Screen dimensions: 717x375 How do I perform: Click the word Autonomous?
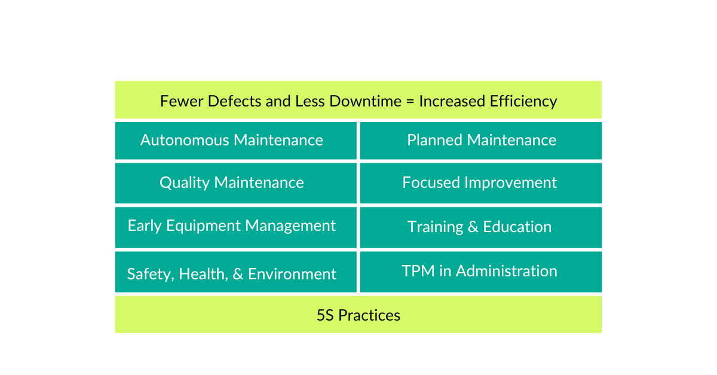(185, 140)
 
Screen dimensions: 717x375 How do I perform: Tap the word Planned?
(435, 140)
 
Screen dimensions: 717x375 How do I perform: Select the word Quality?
(185, 183)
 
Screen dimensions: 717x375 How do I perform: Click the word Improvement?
(510, 183)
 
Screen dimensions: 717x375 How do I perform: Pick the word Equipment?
(203, 226)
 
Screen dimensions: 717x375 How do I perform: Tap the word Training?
(436, 227)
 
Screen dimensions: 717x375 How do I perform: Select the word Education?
(517, 227)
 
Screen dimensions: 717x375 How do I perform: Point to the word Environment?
(292, 274)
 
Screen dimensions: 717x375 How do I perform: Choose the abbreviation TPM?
(418, 271)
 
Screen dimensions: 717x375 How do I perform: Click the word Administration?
(507, 271)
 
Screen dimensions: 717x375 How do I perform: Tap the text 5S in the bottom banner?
(325, 315)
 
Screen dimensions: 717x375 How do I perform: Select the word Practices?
(369, 315)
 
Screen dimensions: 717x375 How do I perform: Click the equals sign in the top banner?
(410, 102)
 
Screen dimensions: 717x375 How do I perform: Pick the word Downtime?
(365, 101)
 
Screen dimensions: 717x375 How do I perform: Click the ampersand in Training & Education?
(473, 227)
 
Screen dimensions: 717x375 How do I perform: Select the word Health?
(203, 275)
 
